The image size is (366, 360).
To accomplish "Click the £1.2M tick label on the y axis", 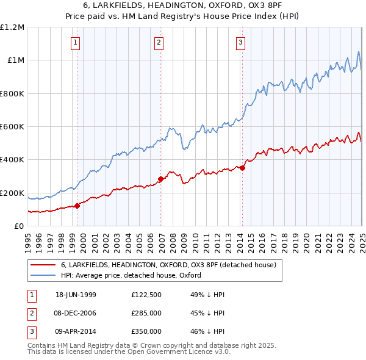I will (12, 27).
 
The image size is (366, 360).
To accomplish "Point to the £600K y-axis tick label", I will (12, 126).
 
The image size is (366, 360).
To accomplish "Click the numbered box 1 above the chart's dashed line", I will (75, 43).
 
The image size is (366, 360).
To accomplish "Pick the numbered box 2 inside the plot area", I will (159, 43).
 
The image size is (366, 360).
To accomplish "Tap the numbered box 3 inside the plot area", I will (241, 43).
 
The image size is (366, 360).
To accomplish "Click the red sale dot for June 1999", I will (77, 206).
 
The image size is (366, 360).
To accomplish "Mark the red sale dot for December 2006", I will (161, 179).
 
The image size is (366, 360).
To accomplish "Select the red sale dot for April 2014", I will (242, 168).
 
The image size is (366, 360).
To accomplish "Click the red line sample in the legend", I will (42, 265).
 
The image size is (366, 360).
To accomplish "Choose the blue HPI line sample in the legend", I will (42, 275).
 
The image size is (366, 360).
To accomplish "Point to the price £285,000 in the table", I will (146, 313).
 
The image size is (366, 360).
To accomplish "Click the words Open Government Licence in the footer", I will (166, 352).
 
